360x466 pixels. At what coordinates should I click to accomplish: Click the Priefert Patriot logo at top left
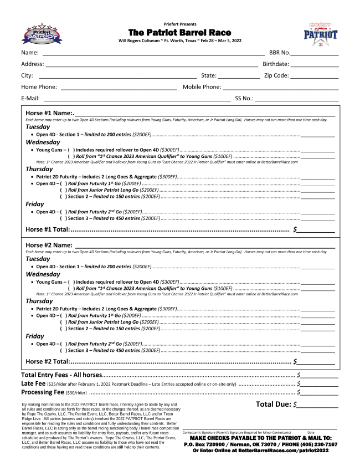coord(40,34)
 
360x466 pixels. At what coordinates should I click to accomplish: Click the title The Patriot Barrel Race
coord(179,33)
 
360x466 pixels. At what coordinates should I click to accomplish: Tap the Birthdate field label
coord(277,64)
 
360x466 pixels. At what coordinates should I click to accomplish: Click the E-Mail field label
coord(30,99)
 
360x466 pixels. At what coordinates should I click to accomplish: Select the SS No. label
coord(244,99)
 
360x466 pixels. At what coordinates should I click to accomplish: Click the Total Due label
coord(274,404)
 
